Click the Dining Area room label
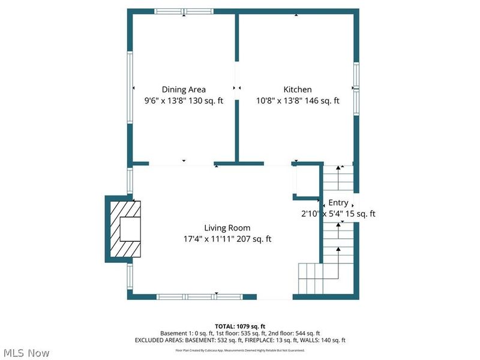pyautogui.click(x=184, y=89)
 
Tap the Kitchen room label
pyautogui.click(x=298, y=89)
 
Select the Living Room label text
pyautogui.click(x=227, y=227)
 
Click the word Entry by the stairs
pyautogui.click(x=338, y=203)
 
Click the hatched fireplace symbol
pyautogui.click(x=125, y=229)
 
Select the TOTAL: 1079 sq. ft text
pyautogui.click(x=240, y=326)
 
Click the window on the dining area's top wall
pyautogui.click(x=184, y=11)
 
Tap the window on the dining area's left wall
pyautogui.click(x=130, y=88)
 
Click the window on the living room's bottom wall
pyautogui.click(x=200, y=296)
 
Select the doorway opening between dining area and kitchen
pyautogui.click(x=237, y=88)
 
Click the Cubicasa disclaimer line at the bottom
pyautogui.click(x=240, y=350)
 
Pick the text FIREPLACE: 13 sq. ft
pyautogui.click(x=268, y=340)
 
